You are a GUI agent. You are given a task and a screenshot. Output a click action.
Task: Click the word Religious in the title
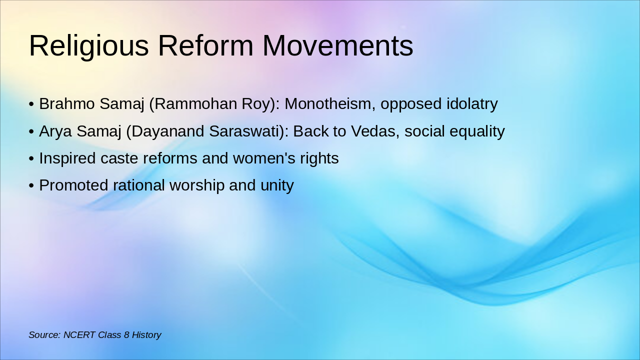(x=89, y=46)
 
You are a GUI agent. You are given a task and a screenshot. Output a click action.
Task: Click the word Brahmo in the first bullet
(x=67, y=103)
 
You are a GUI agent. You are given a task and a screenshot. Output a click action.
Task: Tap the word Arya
(x=55, y=131)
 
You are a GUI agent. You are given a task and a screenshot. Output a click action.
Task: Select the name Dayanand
(x=167, y=131)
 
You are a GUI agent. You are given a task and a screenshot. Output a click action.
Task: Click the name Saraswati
(x=246, y=131)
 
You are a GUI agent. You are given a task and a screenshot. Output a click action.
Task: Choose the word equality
(x=477, y=131)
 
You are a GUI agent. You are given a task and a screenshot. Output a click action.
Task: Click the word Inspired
(x=67, y=158)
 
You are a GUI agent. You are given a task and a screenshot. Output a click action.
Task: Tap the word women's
(x=264, y=158)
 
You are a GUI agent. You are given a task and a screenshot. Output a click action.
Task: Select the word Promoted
(x=73, y=185)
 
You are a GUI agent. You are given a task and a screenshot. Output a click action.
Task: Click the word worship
(x=197, y=185)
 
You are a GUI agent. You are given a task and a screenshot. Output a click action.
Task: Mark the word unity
(x=277, y=185)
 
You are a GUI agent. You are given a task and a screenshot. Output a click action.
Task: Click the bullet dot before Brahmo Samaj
(x=31, y=104)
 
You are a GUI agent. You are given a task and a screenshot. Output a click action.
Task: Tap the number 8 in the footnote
(x=126, y=335)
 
